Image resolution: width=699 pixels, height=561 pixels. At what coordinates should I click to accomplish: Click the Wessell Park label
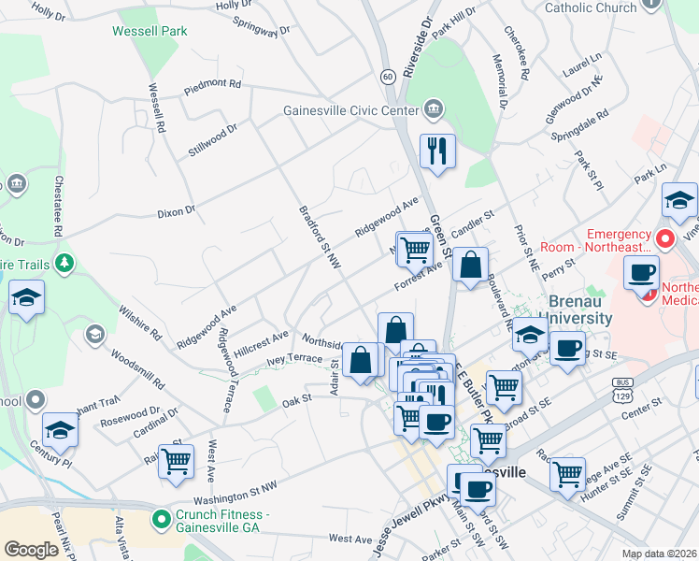pos(150,31)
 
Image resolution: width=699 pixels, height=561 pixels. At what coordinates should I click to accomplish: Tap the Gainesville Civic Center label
pos(350,110)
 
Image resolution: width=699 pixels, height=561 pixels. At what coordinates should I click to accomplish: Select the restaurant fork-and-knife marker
pos(437,151)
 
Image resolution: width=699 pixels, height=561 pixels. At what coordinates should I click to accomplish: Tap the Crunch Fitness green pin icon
pos(162,516)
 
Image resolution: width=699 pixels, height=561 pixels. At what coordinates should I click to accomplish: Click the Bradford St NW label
pos(316,239)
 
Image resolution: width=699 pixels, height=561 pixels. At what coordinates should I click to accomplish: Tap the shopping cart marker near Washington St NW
pos(176,461)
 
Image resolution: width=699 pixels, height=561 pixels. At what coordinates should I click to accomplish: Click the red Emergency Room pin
pos(664,239)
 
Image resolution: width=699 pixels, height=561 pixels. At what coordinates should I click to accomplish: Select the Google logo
pos(31,550)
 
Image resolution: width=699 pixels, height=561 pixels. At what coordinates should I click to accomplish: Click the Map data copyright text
pos(660,554)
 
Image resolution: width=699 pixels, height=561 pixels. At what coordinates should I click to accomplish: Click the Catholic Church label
pos(590,7)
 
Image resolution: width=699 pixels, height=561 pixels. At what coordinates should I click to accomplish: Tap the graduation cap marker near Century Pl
pos(60,429)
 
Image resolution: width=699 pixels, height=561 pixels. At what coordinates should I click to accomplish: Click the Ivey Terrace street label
pos(294,358)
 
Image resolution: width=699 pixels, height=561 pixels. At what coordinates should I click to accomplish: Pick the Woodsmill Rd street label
pos(136,369)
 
